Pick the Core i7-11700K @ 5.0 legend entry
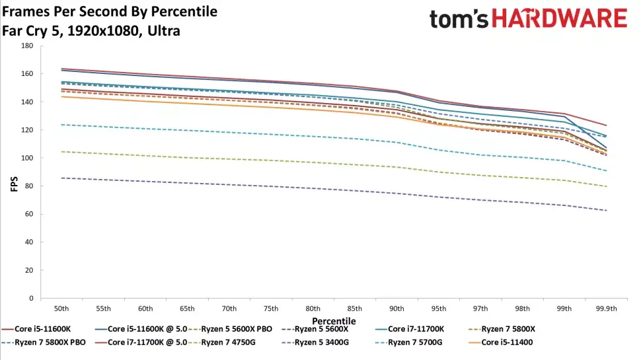pyautogui.click(x=139, y=342)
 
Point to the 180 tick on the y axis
pyautogui.click(x=26, y=46)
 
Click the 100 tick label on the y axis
pyautogui.click(x=26, y=159)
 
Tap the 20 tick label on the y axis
pyautogui.click(x=28, y=271)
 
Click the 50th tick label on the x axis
pyautogui.click(x=61, y=308)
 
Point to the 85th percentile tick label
pyautogui.click(x=354, y=308)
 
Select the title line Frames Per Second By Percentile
pyautogui.click(x=110, y=12)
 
